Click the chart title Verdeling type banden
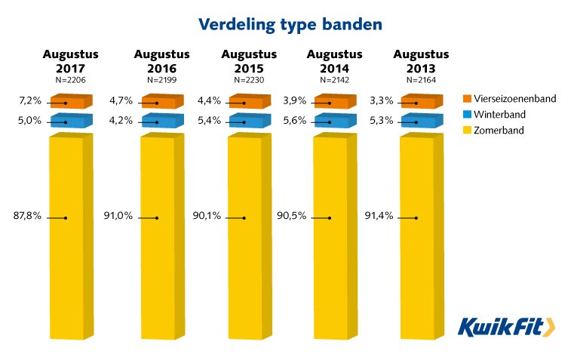[290, 24]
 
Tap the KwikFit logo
[506, 326]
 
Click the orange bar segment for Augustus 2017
[70, 102]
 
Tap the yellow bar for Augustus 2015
[247, 234]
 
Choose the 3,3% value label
[382, 100]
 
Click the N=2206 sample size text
[70, 79]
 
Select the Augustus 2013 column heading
[421, 60]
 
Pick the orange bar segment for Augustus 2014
[335, 102]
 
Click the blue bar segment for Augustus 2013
[420, 122]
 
